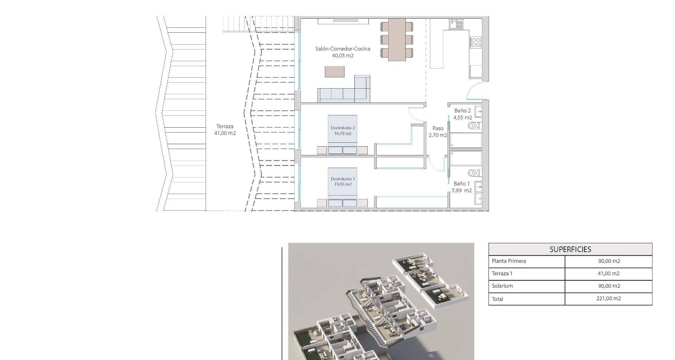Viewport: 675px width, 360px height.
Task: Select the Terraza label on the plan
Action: (225, 126)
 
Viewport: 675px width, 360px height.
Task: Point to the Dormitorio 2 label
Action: (343, 128)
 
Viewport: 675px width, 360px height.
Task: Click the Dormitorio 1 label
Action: (343, 179)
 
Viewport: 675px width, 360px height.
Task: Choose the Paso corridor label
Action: (438, 128)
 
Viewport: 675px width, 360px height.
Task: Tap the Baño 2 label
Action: (462, 111)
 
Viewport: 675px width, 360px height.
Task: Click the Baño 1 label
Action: (462, 184)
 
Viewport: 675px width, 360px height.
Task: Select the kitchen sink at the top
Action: (456, 24)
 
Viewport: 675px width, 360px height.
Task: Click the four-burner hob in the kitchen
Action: (476, 43)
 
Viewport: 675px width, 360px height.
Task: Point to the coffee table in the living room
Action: (335, 72)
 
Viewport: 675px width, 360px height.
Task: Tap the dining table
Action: (397, 40)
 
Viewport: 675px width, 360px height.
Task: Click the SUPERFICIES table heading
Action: (570, 250)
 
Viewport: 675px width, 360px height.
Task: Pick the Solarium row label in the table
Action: (502, 286)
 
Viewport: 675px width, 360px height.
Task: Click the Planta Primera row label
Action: (509, 261)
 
